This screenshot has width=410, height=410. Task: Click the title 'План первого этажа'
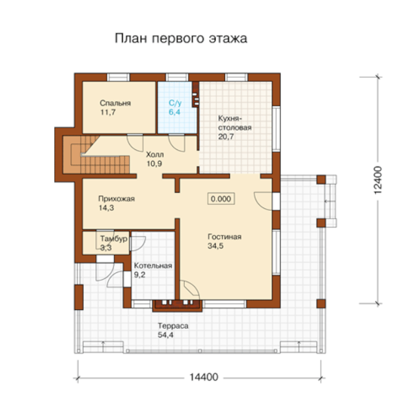tap(181, 39)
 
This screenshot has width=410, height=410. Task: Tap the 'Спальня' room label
tap(115, 103)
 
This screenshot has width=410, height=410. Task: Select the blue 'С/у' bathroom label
tap(175, 103)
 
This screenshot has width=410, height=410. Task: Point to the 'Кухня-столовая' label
tap(235, 123)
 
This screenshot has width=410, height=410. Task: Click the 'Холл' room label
tap(155, 154)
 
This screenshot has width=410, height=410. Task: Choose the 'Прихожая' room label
tap(116, 199)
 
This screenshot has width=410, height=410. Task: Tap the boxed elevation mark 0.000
tap(221, 199)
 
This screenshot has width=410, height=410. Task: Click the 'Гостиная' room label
tap(225, 237)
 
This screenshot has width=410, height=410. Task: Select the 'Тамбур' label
tap(114, 239)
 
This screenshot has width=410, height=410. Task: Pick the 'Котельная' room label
tap(153, 266)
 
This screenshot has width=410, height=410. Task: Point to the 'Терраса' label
tap(173, 326)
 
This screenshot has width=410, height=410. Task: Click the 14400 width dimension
tap(204, 377)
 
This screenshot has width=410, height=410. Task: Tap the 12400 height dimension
tap(378, 180)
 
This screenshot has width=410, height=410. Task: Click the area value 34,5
tap(215, 246)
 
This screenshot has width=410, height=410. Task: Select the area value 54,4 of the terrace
tap(165, 335)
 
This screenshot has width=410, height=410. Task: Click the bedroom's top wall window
tap(118, 78)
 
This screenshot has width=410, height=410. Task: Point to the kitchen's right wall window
tap(276, 129)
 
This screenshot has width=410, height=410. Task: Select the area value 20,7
tap(226, 137)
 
